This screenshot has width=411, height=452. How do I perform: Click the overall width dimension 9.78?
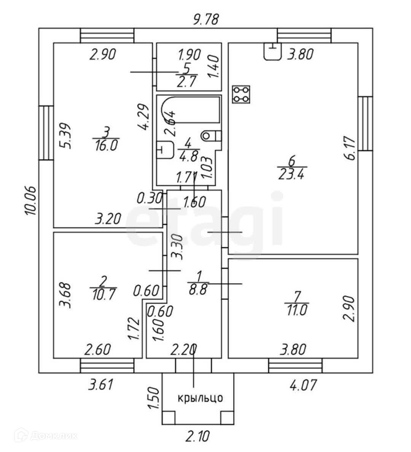(206, 19)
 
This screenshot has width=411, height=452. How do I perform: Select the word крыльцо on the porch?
(200, 398)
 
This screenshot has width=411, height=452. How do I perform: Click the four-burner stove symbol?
(241, 94)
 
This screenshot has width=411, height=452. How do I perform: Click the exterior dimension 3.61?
(100, 386)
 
